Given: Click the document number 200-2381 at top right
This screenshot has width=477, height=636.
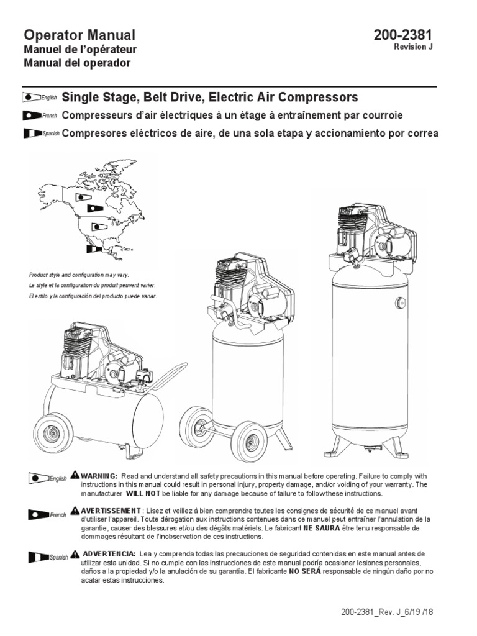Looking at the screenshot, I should click(402, 35).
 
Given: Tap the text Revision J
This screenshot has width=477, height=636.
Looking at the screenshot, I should click(413, 47).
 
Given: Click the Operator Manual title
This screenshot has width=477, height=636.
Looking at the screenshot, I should click(79, 35).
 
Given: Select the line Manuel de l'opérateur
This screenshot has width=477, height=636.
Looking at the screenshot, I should click(79, 50).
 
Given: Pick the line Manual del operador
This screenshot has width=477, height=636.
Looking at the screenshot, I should click(77, 63).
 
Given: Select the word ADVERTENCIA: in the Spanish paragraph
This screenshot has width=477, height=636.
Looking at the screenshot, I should click(108, 553).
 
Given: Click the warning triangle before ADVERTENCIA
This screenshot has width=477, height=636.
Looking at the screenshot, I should click(75, 553).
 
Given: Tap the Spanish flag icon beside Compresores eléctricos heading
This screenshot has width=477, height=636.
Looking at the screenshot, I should click(31, 134).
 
